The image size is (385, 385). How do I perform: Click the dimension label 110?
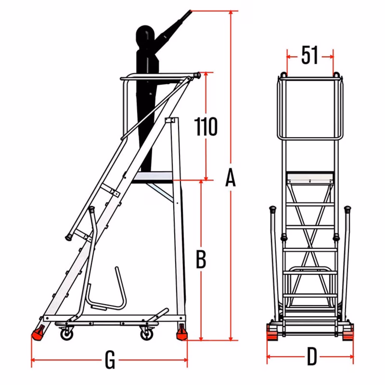click(x=206, y=126)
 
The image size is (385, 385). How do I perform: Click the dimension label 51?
click(x=310, y=55)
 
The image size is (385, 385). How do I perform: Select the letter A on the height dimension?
click(x=230, y=177)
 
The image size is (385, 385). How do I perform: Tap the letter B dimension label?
click(x=201, y=259)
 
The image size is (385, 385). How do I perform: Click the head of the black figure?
click(x=145, y=37)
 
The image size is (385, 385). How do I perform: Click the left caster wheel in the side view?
click(x=67, y=334)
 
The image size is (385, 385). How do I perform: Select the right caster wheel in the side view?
click(x=147, y=334)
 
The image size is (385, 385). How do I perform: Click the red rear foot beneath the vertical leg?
click(x=182, y=332)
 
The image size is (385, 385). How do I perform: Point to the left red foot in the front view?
click(x=272, y=332)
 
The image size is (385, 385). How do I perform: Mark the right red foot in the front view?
click(x=348, y=332)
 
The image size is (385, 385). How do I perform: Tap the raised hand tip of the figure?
click(x=189, y=11)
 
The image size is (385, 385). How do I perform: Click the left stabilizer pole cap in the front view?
click(x=273, y=209)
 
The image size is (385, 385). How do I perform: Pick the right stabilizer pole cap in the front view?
click(x=347, y=209)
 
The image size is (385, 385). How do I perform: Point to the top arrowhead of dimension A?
click(x=230, y=13)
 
